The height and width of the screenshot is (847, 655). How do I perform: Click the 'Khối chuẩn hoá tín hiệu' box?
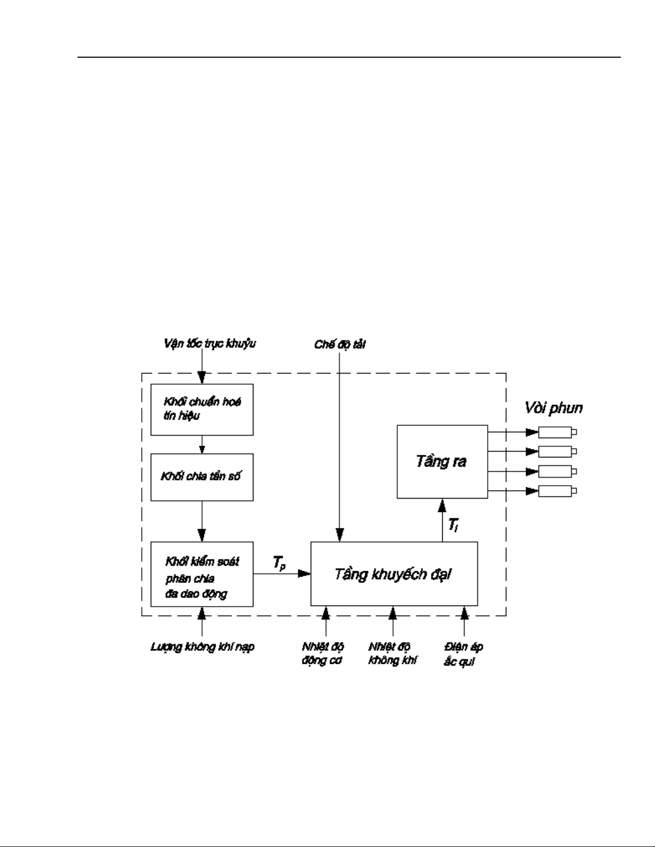(202, 409)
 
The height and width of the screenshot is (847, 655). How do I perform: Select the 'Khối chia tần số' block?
(202, 477)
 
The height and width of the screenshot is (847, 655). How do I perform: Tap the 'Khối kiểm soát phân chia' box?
(202, 574)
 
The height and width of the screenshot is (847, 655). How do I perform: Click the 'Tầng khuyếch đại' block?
(394, 574)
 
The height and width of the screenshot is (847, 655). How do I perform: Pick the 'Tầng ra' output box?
(442, 462)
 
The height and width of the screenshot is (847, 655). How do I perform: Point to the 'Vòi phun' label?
(552, 409)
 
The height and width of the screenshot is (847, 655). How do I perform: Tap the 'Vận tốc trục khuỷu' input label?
(210, 344)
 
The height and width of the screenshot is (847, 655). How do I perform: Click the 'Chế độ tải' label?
(340, 345)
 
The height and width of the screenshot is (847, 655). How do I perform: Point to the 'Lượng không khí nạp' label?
(202, 647)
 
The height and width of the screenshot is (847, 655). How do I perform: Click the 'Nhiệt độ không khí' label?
(393, 654)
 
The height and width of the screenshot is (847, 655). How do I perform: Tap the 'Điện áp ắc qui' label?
(464, 654)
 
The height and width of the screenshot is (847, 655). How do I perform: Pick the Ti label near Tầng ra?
(453, 526)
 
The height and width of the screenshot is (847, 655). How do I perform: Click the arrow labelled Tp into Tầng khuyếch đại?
(282, 574)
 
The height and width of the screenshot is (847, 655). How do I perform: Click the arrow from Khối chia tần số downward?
(202, 521)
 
